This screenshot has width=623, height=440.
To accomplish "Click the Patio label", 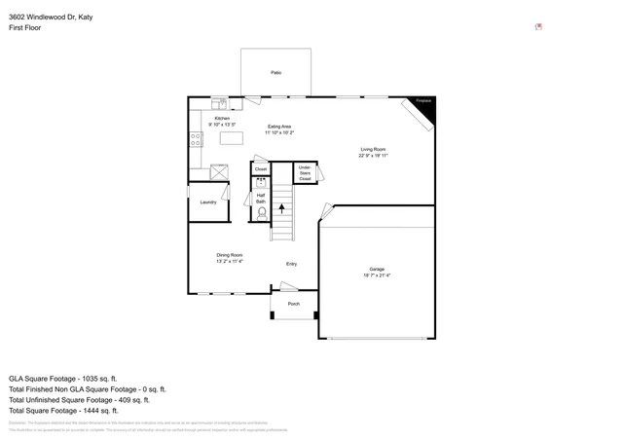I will point(276,73).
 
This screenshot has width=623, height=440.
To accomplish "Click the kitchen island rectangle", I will point(232,138).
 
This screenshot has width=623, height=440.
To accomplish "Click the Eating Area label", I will point(279,129).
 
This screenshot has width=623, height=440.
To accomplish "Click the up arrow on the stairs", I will point(282,205).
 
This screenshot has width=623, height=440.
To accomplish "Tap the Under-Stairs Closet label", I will point(305,174).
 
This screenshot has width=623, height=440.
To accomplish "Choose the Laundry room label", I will point(208,202).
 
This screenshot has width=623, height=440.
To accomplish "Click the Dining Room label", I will point(230,258).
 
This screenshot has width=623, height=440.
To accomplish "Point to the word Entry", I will point(291,264).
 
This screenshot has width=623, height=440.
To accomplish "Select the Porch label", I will point(293,304).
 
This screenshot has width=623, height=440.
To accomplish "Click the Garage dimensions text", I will point(377,275).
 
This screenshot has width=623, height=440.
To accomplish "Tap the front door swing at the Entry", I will point(289,286).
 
